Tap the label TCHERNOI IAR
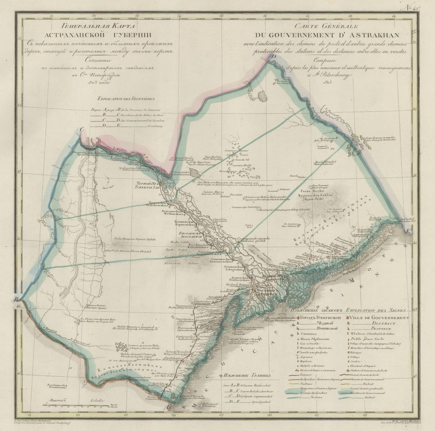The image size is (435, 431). pos(144,187)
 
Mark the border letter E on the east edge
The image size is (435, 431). pos(408,231)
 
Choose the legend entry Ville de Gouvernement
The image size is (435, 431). pos(377,318)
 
